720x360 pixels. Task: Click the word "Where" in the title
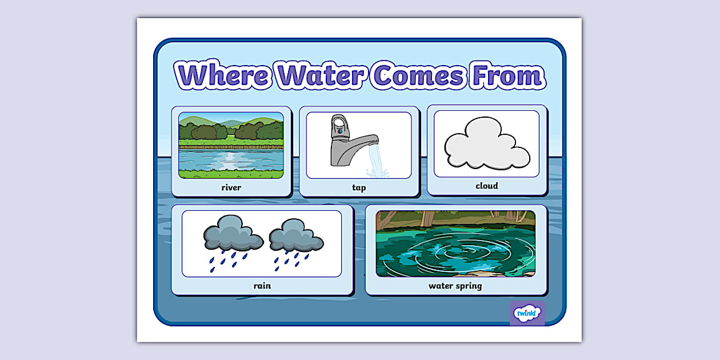[223, 76]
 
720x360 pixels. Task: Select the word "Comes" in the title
[416, 76]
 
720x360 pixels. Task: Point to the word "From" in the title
[506, 76]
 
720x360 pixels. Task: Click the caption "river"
[231, 187]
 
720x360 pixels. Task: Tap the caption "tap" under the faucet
[359, 187]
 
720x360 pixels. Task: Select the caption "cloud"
[487, 186]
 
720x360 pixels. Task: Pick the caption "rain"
[262, 285]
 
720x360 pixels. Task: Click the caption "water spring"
[455, 285]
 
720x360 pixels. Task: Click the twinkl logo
[526, 313]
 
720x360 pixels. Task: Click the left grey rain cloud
[233, 233]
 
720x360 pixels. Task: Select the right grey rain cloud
[295, 235]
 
